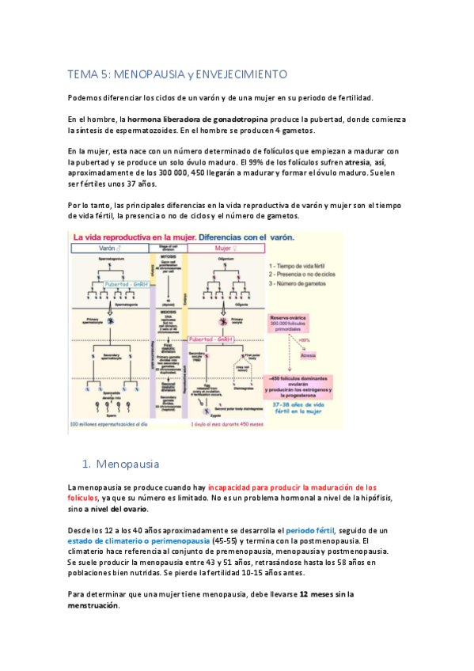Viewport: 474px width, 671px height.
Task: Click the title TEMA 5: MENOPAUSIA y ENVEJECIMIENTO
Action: coord(176,74)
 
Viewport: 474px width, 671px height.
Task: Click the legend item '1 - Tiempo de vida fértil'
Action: coord(303,267)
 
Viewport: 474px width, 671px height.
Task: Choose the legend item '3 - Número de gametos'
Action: coord(301,282)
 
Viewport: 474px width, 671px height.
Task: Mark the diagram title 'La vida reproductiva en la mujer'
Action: coord(129,237)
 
